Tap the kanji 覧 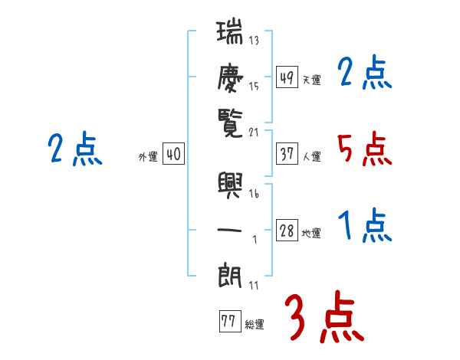coord(230,119)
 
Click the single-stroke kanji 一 coord(230,228)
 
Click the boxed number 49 coord(287,77)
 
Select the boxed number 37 coord(287,154)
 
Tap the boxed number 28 coord(287,231)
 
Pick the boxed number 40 coord(173,155)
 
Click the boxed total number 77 coord(228,322)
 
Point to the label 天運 coord(311,80)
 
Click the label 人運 coord(311,156)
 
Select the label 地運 coord(311,234)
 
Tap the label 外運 coord(148,157)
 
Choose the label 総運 coord(255,324)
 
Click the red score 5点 coord(365,149)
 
